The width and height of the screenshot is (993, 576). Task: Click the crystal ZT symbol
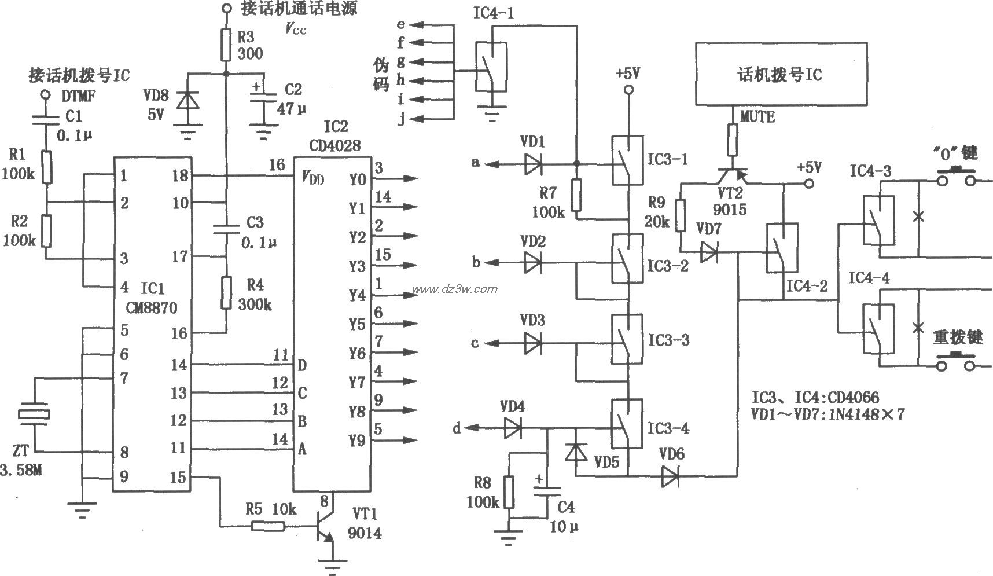(34, 414)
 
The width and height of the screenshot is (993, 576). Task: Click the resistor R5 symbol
(268, 526)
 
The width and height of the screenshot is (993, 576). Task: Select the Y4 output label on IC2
(357, 296)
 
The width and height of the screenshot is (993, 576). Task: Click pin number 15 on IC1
(179, 477)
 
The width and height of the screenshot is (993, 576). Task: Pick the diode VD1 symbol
(532, 164)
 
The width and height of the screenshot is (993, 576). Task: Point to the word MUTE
(757, 116)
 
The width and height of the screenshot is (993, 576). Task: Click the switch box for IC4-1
(491, 66)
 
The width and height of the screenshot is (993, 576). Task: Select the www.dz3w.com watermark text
(454, 289)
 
